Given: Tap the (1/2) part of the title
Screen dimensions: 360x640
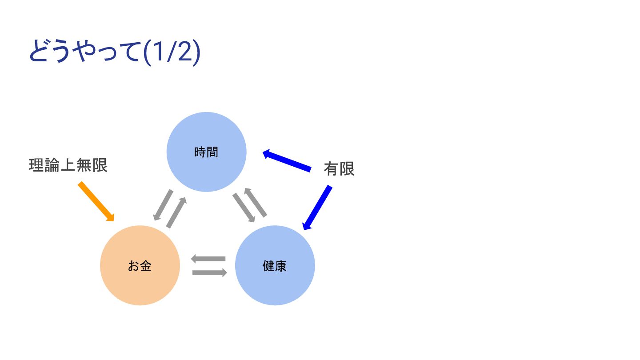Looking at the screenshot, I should point(172,52).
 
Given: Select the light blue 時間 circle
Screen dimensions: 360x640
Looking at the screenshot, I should point(206,133).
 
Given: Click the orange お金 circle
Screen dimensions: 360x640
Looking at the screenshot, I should point(140,284).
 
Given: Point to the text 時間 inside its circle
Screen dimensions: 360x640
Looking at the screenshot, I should point(206,152).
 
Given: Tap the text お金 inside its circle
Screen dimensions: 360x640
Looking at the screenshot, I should point(140,266).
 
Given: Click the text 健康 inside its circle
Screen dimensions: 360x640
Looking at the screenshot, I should point(275,266).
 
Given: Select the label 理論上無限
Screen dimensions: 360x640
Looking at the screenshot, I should point(68,165).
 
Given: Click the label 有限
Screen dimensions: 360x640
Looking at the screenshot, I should point(339,169).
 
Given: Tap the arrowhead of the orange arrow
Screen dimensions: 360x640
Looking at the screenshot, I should point(111,218).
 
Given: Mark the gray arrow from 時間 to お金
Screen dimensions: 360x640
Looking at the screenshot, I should point(163,205).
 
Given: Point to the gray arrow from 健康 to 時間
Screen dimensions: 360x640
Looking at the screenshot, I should point(256,202).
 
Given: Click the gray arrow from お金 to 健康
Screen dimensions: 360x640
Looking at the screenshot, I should point(210,272).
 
